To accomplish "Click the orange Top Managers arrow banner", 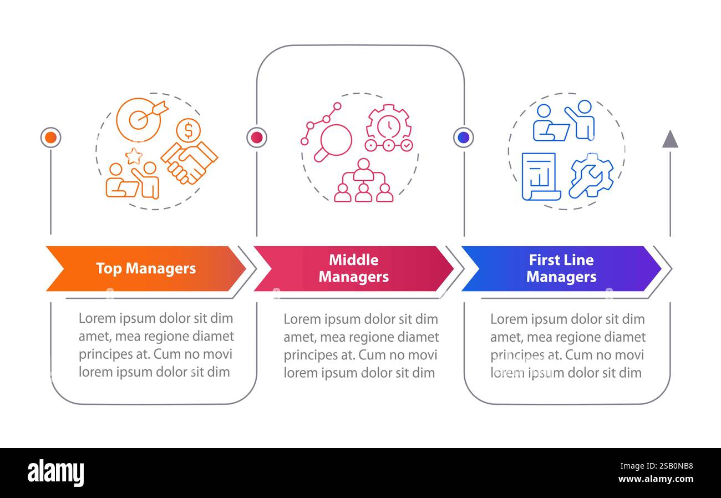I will [x=145, y=268].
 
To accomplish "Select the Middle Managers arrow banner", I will [x=353, y=268].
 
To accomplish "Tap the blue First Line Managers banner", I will [x=561, y=268].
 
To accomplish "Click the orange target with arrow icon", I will [x=140, y=118].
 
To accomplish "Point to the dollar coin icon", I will [x=189, y=130].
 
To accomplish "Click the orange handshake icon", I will [x=190, y=162].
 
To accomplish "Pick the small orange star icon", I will [x=134, y=156].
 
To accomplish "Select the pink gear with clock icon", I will [x=389, y=128].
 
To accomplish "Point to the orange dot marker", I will [x=50, y=137].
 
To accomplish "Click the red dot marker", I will [x=257, y=137].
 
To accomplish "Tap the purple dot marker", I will [x=464, y=137].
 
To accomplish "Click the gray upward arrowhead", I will [x=670, y=139].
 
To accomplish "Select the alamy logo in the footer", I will [x=55, y=473].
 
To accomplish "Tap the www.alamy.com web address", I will [x=656, y=479].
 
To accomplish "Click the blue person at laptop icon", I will [x=549, y=124].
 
